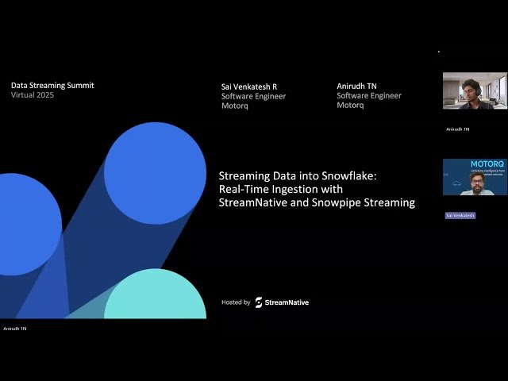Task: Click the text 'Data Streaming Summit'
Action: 52,85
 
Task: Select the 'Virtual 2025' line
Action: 33,94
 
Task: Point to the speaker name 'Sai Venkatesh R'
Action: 248,87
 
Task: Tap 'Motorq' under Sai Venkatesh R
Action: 234,106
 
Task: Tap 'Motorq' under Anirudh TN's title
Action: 350,105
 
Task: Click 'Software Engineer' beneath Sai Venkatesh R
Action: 253,96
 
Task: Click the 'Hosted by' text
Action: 236,302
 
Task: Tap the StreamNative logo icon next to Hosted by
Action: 259,302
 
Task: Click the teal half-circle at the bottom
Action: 155,298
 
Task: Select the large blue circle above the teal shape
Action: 154,172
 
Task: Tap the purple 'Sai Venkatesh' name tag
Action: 460,215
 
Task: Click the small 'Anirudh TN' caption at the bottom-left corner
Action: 14,328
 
